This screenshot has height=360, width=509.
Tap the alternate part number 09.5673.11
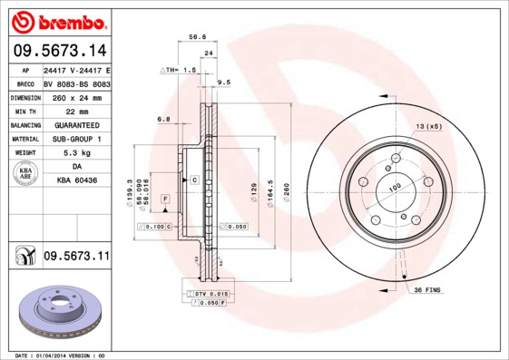click(76, 257)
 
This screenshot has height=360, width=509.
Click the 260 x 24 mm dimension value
click(75, 97)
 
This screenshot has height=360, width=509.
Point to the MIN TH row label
click(24, 111)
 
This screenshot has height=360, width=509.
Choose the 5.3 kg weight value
click(75, 153)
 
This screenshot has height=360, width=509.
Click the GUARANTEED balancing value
click(75, 125)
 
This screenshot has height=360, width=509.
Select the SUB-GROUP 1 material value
click(75, 139)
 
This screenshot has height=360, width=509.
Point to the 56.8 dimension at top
click(194, 38)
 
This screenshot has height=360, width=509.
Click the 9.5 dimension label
click(223, 83)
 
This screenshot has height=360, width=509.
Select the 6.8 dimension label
click(164, 119)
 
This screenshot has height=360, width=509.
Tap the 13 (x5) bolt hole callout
click(428, 125)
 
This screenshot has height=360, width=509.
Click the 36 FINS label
click(426, 289)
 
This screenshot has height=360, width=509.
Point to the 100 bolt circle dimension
click(395, 187)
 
